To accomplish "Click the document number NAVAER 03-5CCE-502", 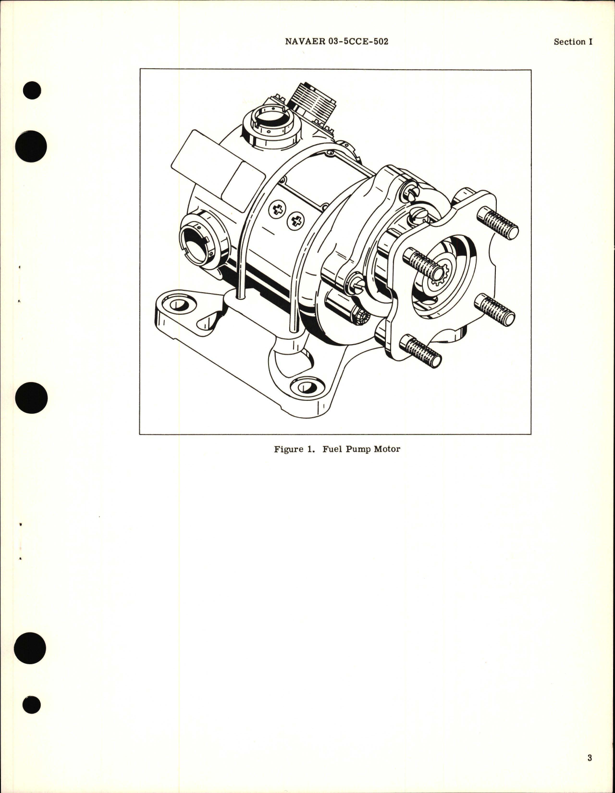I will coord(336,41).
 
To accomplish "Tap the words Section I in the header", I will coord(573,42).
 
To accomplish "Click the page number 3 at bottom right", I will coord(589,758).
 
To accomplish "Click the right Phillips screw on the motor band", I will coord(295,222).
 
